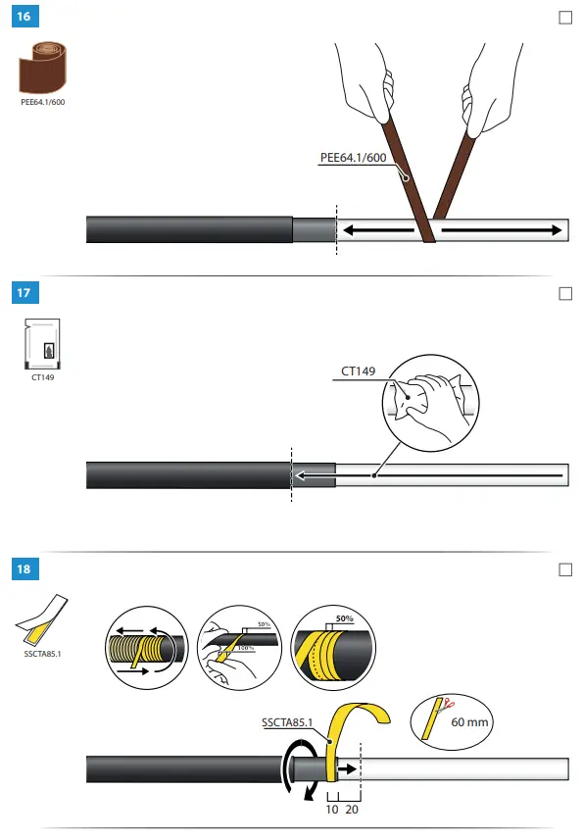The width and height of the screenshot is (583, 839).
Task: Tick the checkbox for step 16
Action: coord(564,18)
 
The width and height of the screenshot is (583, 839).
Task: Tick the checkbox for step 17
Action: coord(564,293)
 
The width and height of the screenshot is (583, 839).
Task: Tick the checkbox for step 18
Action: coord(564,568)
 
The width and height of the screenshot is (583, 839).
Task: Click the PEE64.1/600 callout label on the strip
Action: coord(354,158)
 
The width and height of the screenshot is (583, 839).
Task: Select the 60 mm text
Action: coord(470,722)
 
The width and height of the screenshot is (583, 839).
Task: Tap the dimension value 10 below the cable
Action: coord(332,811)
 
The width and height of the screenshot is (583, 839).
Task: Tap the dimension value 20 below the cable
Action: coord(352,811)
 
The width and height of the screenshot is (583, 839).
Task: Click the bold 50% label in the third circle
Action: coord(343,620)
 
